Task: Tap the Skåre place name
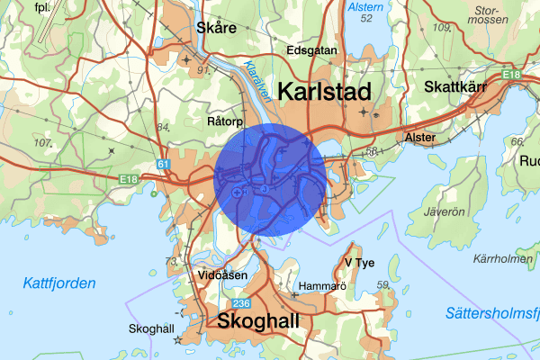[x=216, y=28]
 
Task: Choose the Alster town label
[x=419, y=138]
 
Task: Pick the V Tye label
[x=359, y=263]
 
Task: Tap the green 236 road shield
[x=240, y=303]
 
